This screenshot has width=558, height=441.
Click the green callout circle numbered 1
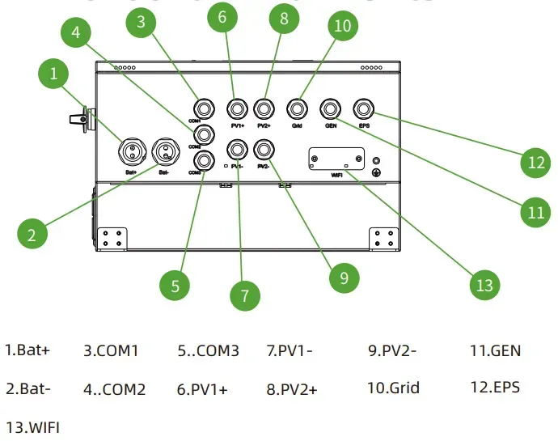tap(53, 74)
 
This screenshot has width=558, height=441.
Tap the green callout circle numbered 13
tap(484, 285)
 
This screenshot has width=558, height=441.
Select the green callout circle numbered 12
tap(535, 163)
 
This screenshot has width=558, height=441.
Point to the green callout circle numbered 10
tap(343, 26)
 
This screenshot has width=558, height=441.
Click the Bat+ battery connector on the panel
tap(130, 150)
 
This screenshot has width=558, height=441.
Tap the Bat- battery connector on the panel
tap(166, 150)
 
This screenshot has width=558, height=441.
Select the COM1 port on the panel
tap(203, 108)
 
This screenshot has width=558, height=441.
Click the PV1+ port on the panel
tap(237, 108)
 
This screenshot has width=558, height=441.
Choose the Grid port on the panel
tap(297, 108)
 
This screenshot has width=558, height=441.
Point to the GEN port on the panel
tap(330, 108)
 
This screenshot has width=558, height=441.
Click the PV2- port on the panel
tap(263, 149)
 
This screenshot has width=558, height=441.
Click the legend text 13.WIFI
tap(32, 426)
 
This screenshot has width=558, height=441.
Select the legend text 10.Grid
tap(393, 388)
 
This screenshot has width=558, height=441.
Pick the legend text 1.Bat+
tap(27, 350)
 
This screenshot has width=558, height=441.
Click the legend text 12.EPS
tap(494, 387)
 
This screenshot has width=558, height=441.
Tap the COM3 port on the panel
tap(203, 159)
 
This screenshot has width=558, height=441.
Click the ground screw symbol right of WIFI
tap(376, 172)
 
